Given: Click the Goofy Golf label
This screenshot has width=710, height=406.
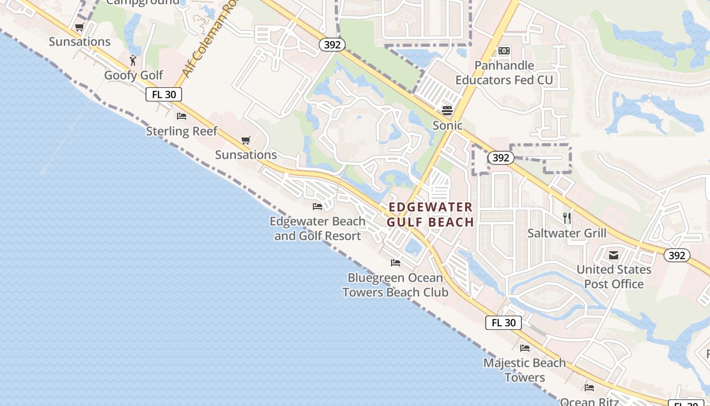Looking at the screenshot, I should point(133,75).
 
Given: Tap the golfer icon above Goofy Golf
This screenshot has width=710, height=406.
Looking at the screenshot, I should point(133,60).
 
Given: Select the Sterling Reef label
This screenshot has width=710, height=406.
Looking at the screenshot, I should point(182,131).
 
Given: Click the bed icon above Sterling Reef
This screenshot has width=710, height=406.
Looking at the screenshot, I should point(182,116).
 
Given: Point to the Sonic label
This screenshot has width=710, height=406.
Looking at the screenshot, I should point(447,125).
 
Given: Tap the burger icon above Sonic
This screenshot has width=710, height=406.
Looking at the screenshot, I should point(447,110).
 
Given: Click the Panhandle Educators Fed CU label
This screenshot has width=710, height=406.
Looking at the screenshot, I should point(504,73).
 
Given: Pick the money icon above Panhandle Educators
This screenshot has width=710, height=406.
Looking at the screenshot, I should point(504,51).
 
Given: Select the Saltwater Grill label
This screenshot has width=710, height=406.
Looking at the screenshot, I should point(566,233).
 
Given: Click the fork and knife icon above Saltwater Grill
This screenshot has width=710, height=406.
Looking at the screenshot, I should point(567,218).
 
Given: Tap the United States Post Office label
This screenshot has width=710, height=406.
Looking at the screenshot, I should point(614,277).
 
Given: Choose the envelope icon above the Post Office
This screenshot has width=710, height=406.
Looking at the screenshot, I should point(614,255).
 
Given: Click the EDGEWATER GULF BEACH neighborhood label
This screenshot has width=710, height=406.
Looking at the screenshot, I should point(430,214).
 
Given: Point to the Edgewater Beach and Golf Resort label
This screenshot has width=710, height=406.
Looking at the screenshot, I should point(317,228).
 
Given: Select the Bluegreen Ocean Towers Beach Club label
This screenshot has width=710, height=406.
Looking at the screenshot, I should point(395,285).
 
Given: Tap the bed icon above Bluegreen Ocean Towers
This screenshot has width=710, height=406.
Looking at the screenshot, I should point(396,263).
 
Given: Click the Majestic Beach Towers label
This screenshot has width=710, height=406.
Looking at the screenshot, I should point(524,370).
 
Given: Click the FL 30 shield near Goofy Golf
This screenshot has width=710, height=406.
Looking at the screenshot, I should point(164,94).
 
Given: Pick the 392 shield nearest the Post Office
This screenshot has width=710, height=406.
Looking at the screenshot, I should point(677,255).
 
